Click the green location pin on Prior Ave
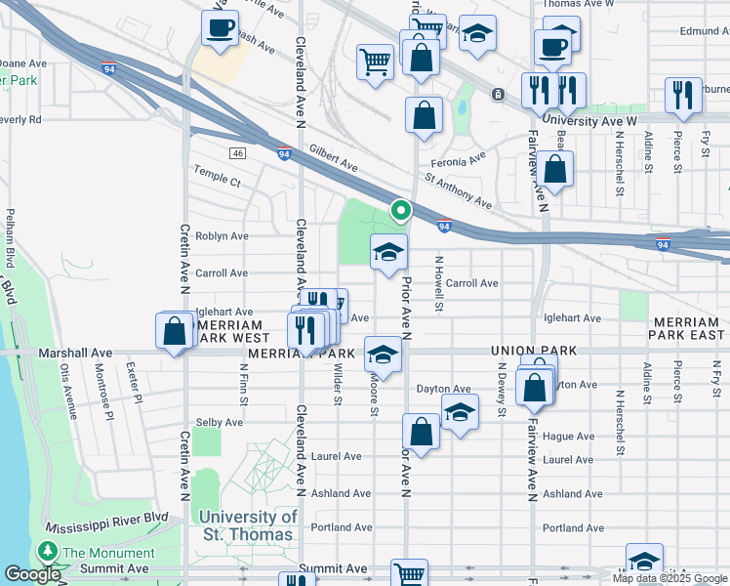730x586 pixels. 400,209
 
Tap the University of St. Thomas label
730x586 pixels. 248,525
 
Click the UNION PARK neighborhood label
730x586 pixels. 535,351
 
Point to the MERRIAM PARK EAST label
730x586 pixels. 688,328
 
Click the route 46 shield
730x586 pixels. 237,153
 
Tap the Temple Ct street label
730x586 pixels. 217,181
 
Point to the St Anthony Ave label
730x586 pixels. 459,192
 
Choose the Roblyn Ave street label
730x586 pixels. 222,236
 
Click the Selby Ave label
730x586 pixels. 220,422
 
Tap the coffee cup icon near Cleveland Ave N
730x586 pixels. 220,26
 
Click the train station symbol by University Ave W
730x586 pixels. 498,95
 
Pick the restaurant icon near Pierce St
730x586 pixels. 682,95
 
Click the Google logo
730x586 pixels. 31,574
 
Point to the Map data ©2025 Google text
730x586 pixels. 669,578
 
